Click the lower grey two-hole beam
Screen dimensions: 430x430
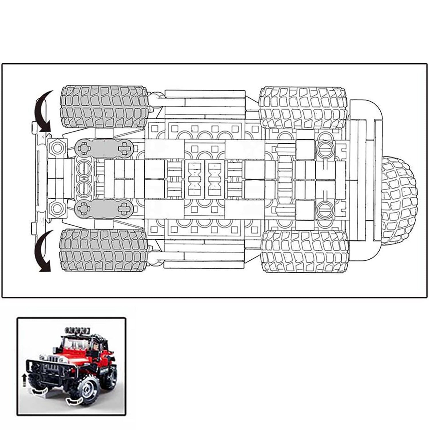[104, 210]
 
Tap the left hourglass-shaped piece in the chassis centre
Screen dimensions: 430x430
[194, 179]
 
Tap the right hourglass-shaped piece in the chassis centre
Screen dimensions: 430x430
[215, 179]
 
